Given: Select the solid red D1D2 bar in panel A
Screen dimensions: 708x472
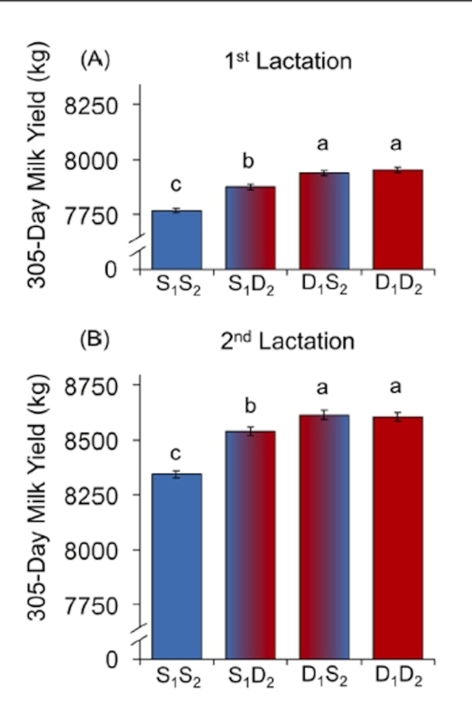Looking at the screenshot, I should pyautogui.click(x=398, y=220).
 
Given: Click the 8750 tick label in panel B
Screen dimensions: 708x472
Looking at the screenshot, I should pyautogui.click(x=91, y=387).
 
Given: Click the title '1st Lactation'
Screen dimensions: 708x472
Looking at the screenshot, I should pyautogui.click(x=288, y=62).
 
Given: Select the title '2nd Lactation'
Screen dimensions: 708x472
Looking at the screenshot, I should pyautogui.click(x=287, y=342).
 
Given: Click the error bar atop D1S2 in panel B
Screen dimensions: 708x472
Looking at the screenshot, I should pyautogui.click(x=324, y=415).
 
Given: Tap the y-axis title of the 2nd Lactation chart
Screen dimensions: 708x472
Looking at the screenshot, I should pyautogui.click(x=37, y=497).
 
